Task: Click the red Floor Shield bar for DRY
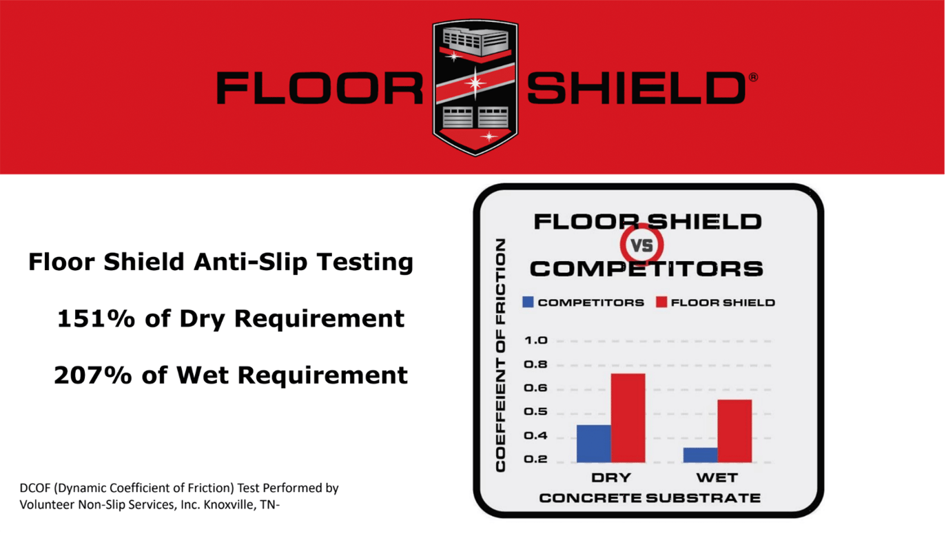tap(628, 418)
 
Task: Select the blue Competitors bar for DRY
tap(593, 443)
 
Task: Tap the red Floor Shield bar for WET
tap(734, 431)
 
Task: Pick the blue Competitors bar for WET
tap(700, 455)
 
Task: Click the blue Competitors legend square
tap(528, 302)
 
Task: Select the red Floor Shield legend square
tap(661, 302)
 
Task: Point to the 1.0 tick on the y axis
tap(536, 340)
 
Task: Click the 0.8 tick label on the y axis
tap(536, 364)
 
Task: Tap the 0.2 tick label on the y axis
tap(536, 460)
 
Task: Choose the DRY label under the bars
tap(611, 477)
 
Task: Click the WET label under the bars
tap(717, 477)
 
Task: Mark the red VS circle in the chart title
tap(642, 245)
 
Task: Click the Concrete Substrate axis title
tap(649, 497)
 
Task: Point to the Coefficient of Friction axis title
tap(501, 356)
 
